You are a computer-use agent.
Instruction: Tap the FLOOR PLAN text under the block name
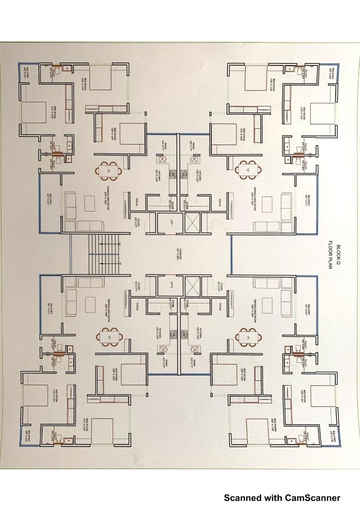[329, 256]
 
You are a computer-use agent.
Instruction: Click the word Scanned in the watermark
[244, 498]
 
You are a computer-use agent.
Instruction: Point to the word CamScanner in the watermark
[311, 498]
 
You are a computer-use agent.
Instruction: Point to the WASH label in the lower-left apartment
[162, 362]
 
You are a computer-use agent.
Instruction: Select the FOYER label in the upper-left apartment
[136, 221]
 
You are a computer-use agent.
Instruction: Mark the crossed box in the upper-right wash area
[194, 158]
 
